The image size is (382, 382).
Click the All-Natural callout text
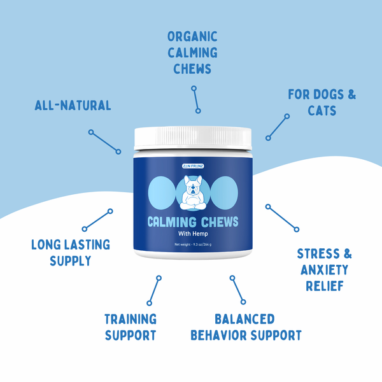point(72,105)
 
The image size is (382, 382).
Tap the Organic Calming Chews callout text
point(192,52)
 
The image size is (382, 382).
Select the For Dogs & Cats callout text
point(322,103)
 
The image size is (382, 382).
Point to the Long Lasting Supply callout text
point(71,252)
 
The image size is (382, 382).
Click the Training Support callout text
point(131,327)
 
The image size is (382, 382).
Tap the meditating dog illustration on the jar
point(192,192)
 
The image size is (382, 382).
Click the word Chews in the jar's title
point(218,222)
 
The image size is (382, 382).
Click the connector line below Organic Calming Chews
point(195,98)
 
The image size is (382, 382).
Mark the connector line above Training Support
point(154,290)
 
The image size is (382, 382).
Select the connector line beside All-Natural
point(104,142)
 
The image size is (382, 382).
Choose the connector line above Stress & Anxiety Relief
point(281,217)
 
